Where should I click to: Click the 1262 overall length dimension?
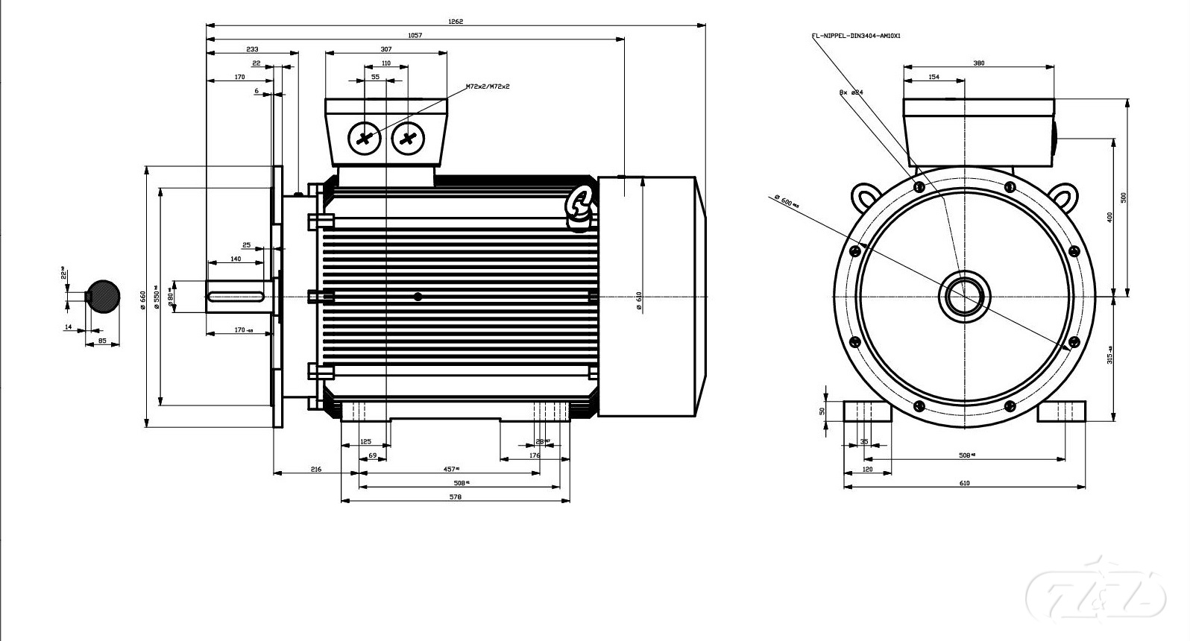(x=456, y=22)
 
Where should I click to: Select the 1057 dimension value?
(x=415, y=35)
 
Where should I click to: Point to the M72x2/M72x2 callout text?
(x=488, y=86)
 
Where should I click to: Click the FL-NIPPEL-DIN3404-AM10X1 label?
(x=856, y=36)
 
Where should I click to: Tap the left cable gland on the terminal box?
(x=365, y=138)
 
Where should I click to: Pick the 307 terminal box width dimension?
(x=385, y=49)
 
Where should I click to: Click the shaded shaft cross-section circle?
(x=104, y=297)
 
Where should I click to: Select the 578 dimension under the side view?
(x=456, y=496)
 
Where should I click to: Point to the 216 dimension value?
(x=315, y=469)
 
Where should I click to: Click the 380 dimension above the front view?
(x=979, y=63)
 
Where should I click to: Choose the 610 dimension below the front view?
(x=964, y=483)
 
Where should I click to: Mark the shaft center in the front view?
(x=965, y=297)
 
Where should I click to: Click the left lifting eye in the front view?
(x=865, y=198)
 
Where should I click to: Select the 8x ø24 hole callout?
(x=851, y=92)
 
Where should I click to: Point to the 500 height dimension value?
(x=1123, y=198)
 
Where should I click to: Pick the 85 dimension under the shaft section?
(x=102, y=341)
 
